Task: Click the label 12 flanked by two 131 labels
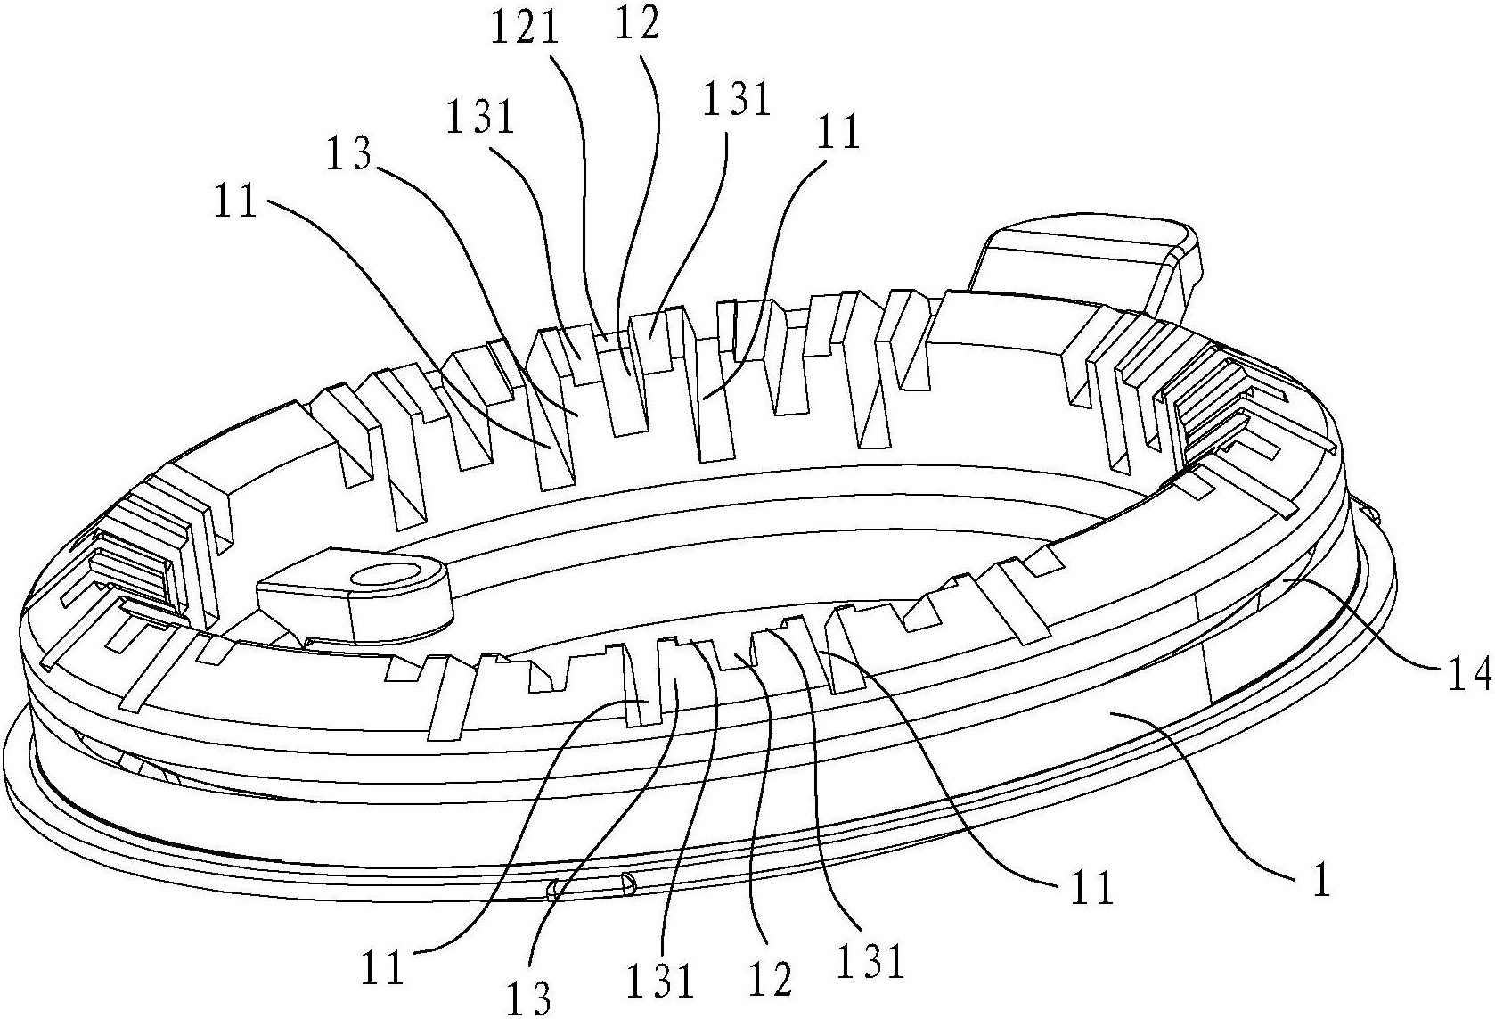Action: [x=770, y=979]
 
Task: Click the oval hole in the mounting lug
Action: [x=384, y=576]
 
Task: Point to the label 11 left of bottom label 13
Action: [x=382, y=968]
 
